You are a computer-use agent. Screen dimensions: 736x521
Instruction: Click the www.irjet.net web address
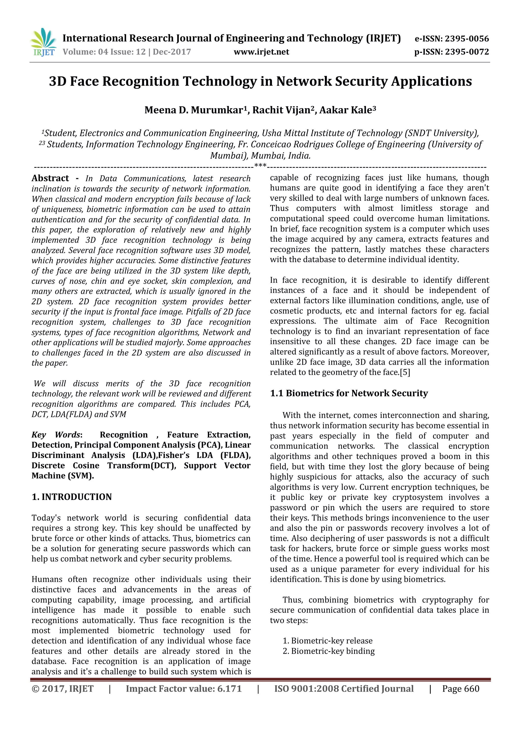pos(261,52)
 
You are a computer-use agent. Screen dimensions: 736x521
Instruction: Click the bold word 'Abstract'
pos(50,178)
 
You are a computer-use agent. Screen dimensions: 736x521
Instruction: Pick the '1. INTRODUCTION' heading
pos(71,497)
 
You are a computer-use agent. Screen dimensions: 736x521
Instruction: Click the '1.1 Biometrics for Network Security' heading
pos(349,393)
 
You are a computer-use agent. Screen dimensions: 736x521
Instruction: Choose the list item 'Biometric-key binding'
pos(333,651)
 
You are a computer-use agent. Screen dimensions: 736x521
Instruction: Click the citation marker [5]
pos(405,372)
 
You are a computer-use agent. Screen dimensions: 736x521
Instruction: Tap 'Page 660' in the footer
pos(461,688)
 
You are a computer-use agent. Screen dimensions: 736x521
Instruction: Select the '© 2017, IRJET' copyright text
pos(63,688)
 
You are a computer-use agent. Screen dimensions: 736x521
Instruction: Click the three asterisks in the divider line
pos(260,166)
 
